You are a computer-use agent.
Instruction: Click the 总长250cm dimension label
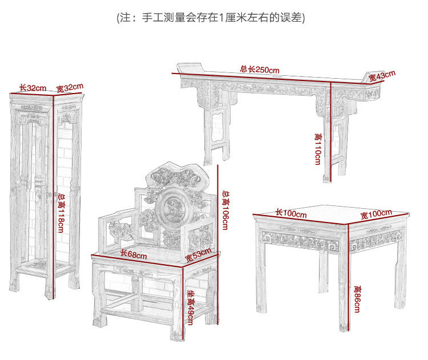point(260,70)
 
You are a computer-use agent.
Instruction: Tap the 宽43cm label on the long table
point(381,75)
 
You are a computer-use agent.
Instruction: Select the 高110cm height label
point(317,148)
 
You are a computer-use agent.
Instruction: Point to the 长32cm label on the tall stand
point(33,88)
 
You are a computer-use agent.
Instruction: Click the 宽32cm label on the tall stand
point(70,88)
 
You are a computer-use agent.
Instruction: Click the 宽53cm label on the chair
point(198,256)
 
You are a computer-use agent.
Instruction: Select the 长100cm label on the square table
point(291,213)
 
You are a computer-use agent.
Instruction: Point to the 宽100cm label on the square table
point(376,215)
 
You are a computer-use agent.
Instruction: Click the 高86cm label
point(357,298)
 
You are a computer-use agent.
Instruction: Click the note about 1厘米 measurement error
point(211,18)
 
